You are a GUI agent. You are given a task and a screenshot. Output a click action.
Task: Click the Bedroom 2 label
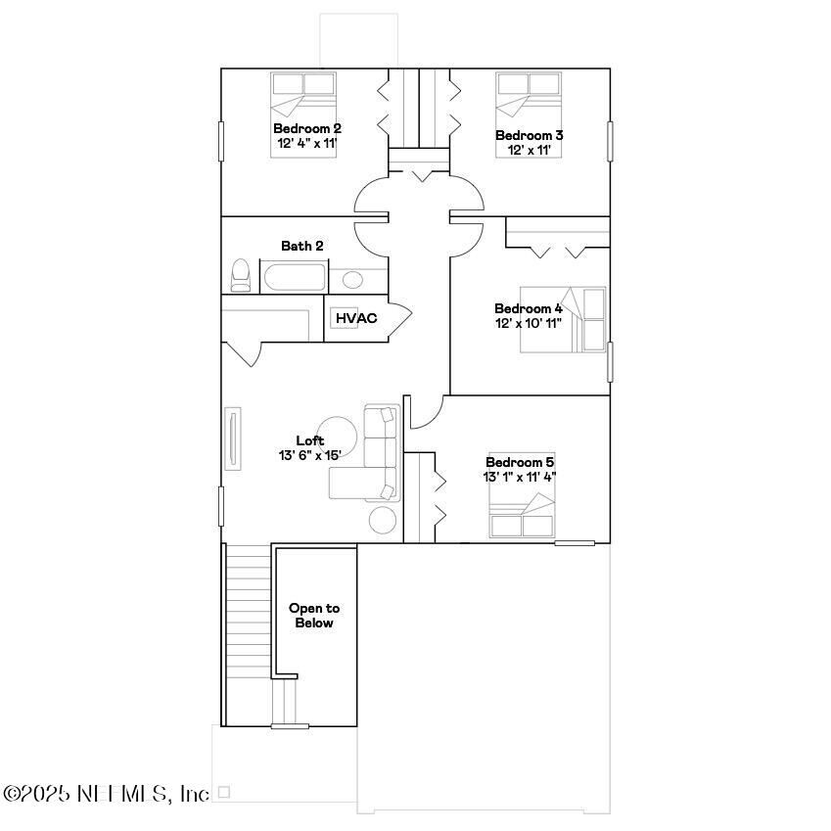306,128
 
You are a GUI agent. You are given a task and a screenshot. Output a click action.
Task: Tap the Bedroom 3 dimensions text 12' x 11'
528,151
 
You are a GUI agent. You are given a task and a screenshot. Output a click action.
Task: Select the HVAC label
356,318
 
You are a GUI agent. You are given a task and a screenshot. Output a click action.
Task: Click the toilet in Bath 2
240,275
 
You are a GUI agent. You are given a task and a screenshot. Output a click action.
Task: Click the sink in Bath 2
352,280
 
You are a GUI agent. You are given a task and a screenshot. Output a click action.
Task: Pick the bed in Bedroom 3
528,97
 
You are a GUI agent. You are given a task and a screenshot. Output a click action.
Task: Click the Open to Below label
313,616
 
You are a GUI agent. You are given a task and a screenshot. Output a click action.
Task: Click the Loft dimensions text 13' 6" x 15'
309,455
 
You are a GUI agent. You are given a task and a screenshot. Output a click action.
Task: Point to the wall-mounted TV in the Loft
233,440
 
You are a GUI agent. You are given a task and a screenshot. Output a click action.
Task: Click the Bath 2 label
301,246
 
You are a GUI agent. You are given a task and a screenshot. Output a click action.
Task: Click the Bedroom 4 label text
528,308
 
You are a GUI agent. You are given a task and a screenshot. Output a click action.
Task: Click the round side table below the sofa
383,520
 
